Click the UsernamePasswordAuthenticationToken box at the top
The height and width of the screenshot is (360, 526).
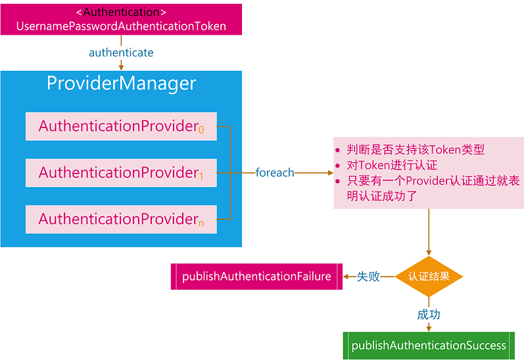121,19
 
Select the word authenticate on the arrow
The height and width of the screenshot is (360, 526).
121,52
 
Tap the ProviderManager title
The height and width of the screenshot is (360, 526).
121,83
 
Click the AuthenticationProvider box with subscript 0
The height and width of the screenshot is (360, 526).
121,126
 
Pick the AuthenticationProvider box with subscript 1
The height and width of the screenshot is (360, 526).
121,173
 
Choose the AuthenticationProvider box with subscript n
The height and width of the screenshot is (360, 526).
121,219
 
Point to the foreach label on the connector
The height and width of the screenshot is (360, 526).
275,173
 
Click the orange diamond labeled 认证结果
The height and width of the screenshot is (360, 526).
429,277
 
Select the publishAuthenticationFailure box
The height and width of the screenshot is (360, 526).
256,277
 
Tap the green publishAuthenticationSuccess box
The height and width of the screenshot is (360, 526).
429,346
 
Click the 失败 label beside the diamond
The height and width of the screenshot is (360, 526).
368,277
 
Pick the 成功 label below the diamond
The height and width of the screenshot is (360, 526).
429,315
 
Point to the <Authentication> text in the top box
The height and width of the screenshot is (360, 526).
121,12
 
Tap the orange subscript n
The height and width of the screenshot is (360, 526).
201,224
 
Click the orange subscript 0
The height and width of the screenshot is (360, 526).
201,131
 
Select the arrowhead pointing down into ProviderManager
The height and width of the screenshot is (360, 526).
121,67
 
